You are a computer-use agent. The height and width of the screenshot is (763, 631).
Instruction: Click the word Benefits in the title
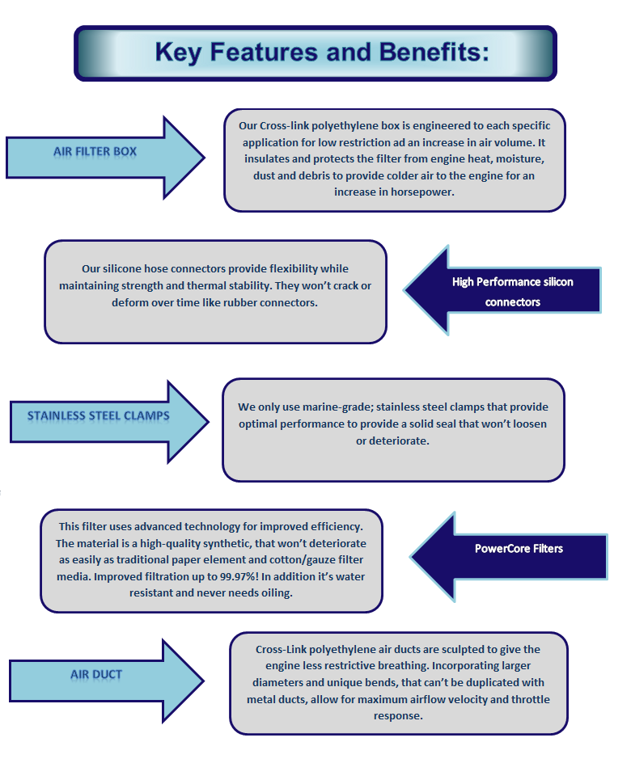click(434, 52)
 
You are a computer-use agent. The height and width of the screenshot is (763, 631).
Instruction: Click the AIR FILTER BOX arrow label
click(95, 152)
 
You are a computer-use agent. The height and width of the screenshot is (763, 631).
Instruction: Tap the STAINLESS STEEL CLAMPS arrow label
click(99, 416)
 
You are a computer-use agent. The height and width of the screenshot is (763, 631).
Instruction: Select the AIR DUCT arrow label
click(96, 674)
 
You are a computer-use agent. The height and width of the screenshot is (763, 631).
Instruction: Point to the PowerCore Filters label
click(519, 549)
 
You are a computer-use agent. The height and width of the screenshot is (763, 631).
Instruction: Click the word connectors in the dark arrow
click(513, 302)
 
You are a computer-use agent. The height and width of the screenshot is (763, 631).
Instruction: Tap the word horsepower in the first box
click(422, 192)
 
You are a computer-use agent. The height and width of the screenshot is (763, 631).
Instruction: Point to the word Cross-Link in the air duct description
click(281, 650)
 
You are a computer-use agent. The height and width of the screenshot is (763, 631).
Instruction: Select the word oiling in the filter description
click(276, 593)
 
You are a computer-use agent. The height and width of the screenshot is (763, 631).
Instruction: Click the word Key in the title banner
click(178, 52)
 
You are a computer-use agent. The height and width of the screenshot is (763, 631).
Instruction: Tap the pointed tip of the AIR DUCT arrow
click(204, 681)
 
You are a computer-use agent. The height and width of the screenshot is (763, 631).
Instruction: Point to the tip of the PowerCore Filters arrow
click(411, 557)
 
